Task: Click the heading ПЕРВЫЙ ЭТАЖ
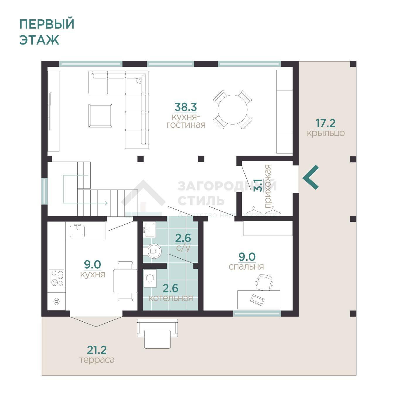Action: click(x=47, y=32)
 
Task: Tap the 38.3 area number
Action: click(x=185, y=107)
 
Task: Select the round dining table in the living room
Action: click(x=232, y=110)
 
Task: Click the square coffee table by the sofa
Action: click(x=100, y=115)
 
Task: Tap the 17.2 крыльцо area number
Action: click(x=325, y=123)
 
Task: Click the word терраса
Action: click(x=97, y=360)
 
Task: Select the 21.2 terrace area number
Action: click(x=97, y=350)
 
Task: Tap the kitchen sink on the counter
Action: click(x=77, y=231)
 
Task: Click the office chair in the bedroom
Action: click(x=264, y=282)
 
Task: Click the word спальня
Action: click(x=246, y=267)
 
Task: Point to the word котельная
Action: click(x=171, y=298)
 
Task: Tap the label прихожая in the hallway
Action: click(x=267, y=186)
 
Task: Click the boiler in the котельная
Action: click(x=150, y=278)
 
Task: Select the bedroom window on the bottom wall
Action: click(x=257, y=313)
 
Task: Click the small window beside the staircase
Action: click(x=44, y=191)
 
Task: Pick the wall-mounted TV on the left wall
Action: click(x=50, y=111)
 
